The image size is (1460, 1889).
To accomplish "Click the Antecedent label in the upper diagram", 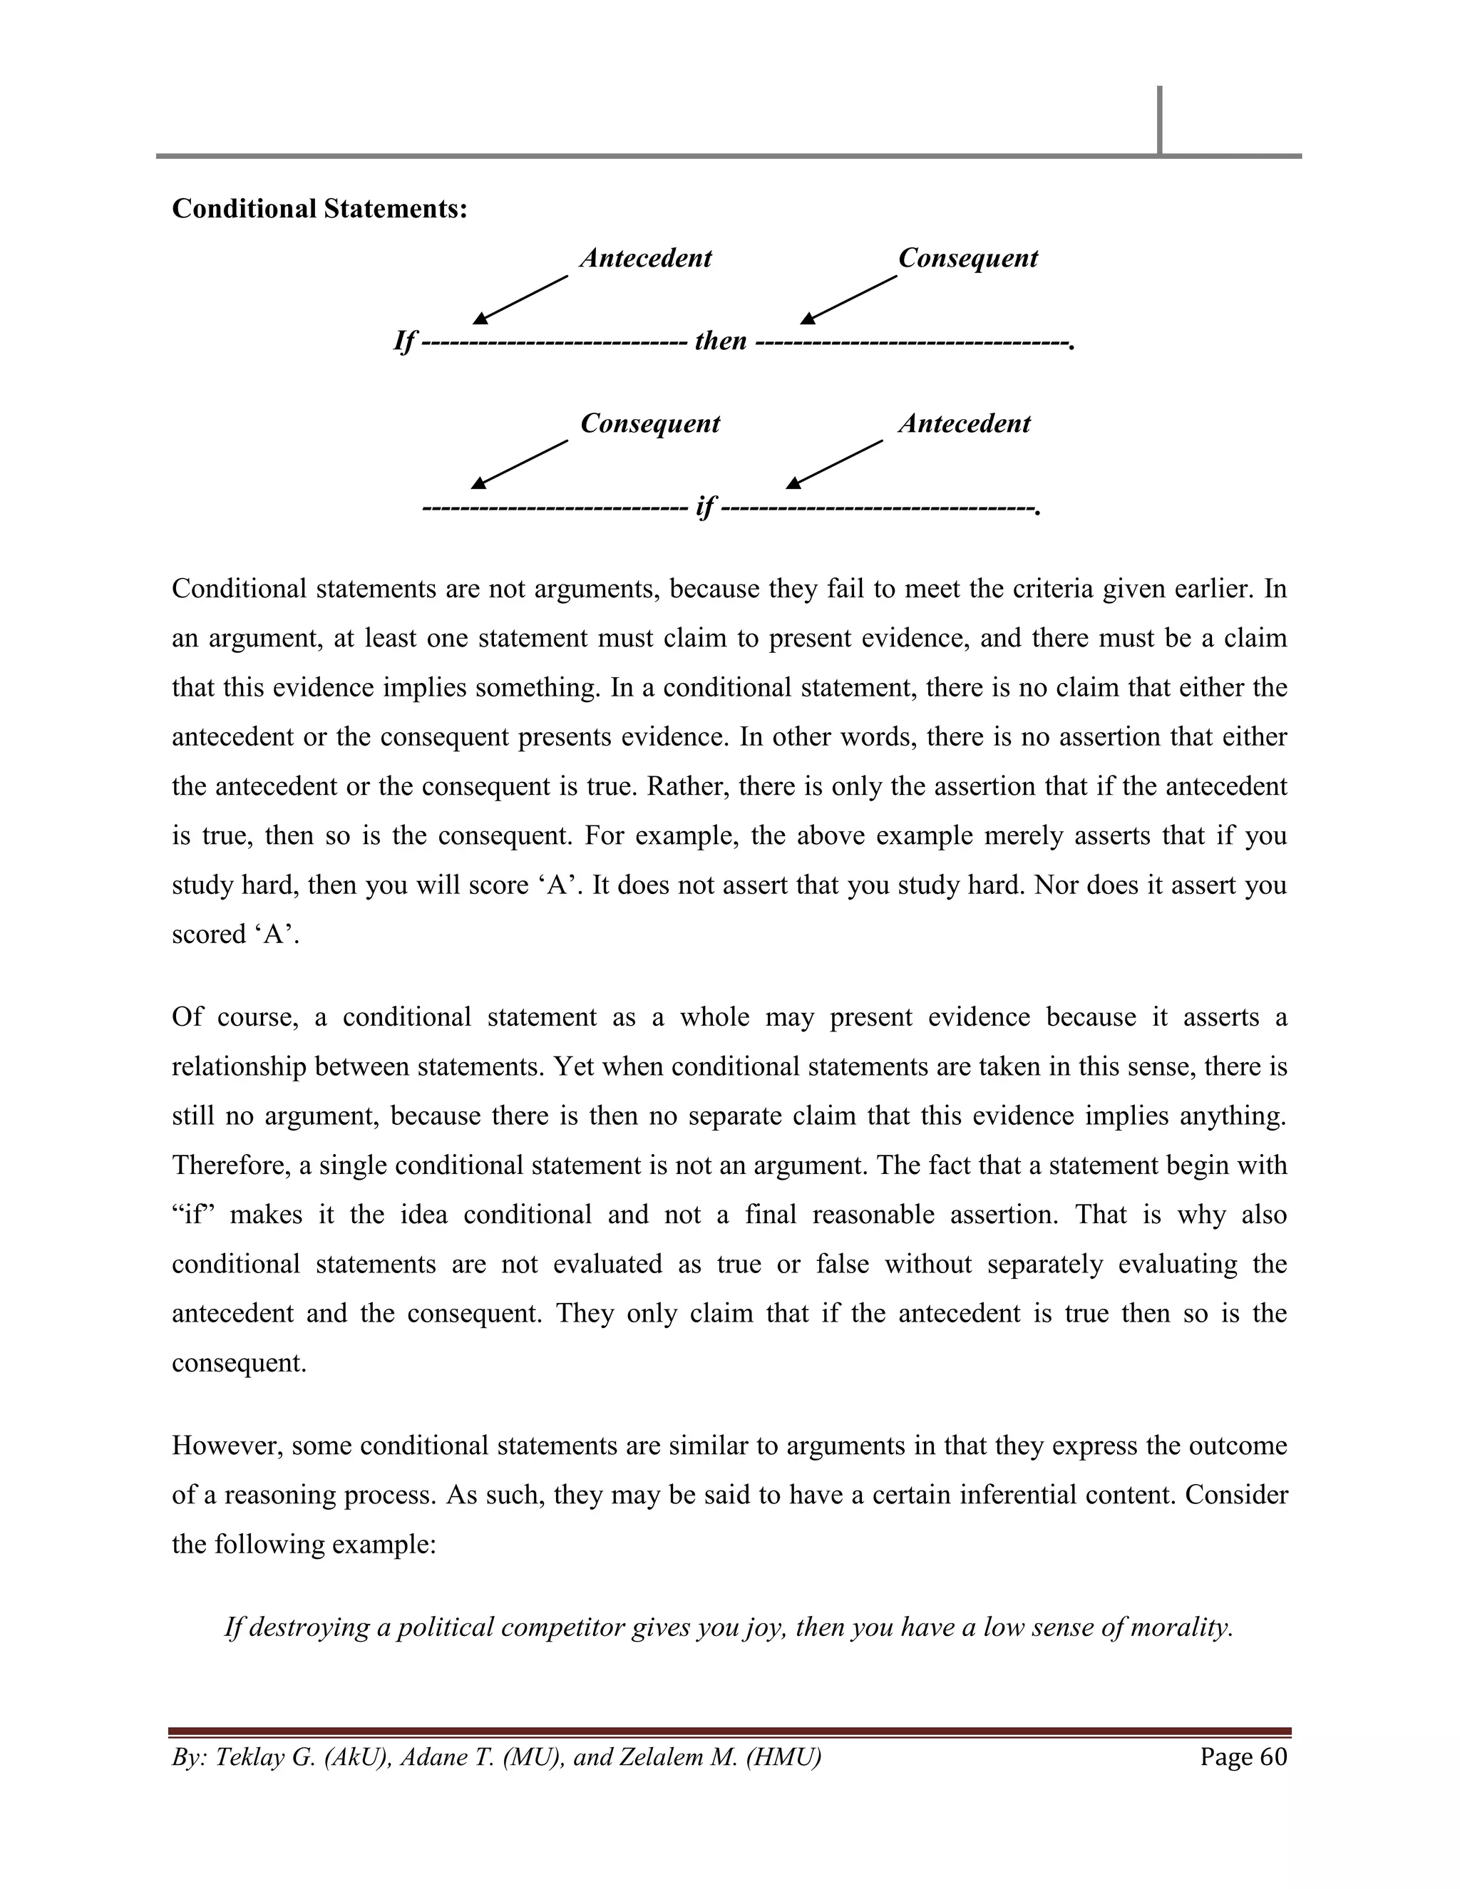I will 645,258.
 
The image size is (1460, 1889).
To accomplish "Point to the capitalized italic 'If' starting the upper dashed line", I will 404,341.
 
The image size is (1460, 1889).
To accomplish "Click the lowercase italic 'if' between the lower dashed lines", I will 705,506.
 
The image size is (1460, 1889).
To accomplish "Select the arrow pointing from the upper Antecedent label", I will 520,299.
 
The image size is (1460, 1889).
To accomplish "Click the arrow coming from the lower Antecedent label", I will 835,465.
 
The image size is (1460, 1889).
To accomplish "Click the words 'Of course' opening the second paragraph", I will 235,1017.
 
